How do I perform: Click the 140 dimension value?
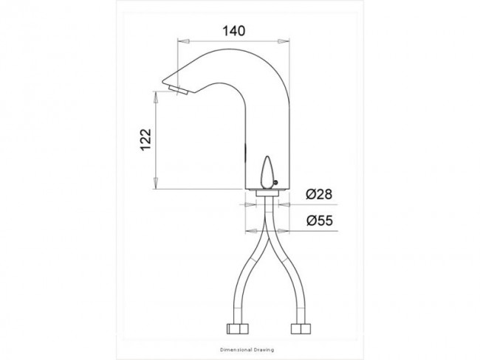pos(233,31)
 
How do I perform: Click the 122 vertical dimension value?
pos(145,139)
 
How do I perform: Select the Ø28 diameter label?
pos(319,194)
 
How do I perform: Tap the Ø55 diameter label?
pos(320,221)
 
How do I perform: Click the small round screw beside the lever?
pos(275,183)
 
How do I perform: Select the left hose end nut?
pos(237,328)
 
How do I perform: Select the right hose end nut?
pos(301,328)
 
